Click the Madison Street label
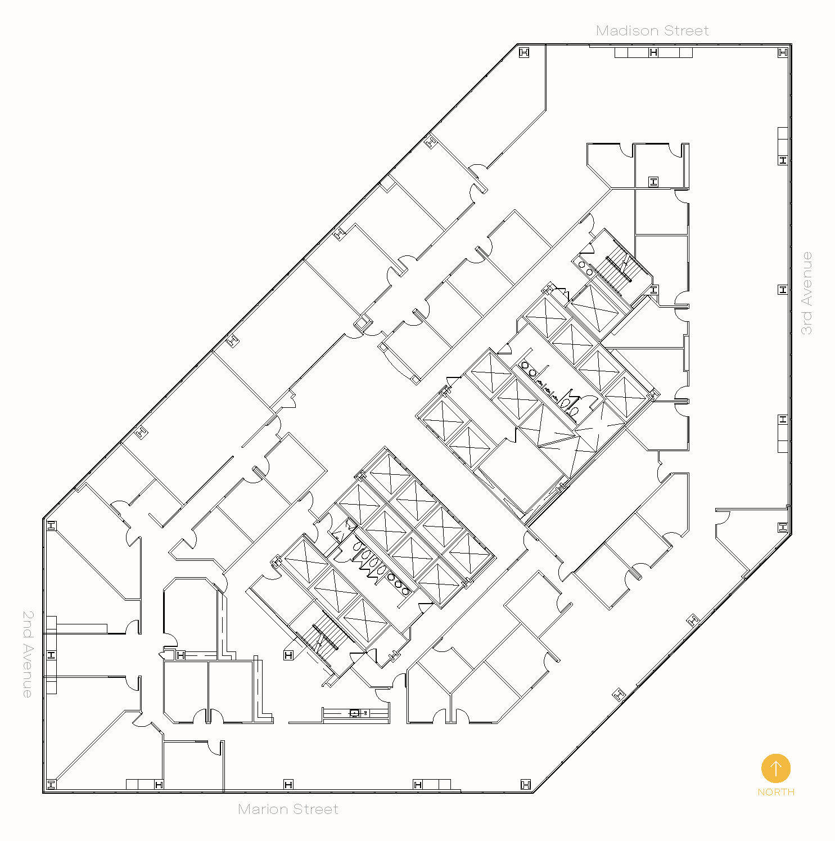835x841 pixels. (652, 30)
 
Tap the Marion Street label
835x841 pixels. (288, 809)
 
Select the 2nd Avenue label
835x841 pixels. (28, 654)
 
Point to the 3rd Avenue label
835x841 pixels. (806, 293)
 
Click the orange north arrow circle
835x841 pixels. (776, 768)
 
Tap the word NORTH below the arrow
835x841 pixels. (776, 792)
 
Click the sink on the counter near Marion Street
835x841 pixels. (355, 713)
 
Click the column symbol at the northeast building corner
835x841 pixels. (783, 52)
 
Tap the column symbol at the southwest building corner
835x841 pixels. (51, 784)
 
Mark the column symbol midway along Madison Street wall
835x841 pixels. (653, 53)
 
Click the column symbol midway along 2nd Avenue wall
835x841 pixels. (51, 655)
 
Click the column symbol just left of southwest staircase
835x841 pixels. (288, 655)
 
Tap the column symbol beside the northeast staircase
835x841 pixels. (653, 290)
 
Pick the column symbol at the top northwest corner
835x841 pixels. (524, 53)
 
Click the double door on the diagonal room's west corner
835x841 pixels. (384, 348)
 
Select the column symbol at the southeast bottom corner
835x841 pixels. (526, 784)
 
